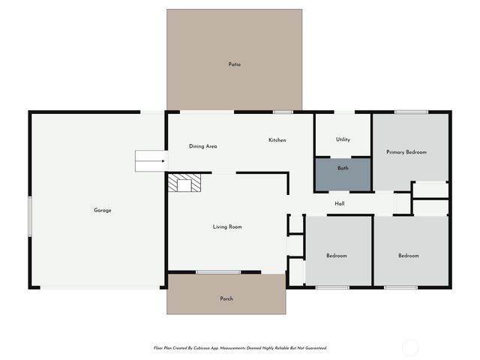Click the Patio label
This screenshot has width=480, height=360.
coord(235,64)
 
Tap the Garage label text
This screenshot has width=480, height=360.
coord(103,210)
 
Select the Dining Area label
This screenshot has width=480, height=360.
coord(202,146)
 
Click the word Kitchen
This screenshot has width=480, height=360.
coord(277,140)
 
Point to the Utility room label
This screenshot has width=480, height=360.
coord(343,139)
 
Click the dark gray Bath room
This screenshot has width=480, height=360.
coord(343,174)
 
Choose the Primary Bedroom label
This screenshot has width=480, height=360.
coord(406,152)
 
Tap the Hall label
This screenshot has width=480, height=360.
coord(339,203)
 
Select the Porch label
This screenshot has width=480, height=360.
coord(226,298)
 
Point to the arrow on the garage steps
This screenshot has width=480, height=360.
coord(151,160)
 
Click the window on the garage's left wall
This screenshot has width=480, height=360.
coord(30,217)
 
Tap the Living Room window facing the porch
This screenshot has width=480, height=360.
coord(218,271)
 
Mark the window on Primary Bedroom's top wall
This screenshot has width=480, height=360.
coord(411,112)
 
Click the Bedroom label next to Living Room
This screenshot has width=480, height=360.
coord(337,256)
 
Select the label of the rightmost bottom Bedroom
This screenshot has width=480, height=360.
coord(409,256)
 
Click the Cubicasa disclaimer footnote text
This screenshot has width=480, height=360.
coord(240,348)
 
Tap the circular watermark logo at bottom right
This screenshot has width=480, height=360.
coord(410,347)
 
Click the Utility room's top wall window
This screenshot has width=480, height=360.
coord(344,112)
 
